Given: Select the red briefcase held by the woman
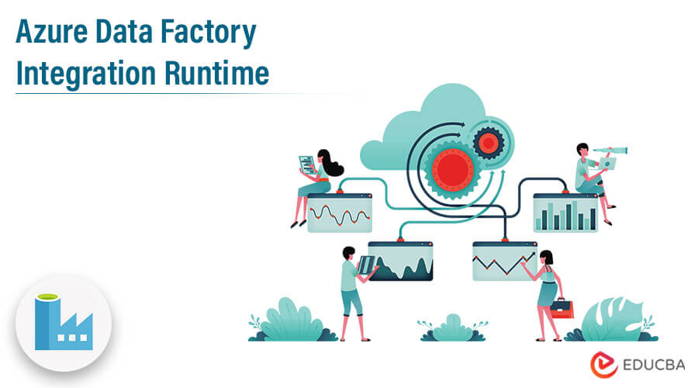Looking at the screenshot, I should coord(562,308).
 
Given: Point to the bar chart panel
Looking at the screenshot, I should coord(565,213).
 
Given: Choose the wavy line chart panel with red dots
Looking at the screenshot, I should coord(339,213).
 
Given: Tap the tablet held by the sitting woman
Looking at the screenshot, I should coord(307,164).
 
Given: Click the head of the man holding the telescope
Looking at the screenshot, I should coord(582,149).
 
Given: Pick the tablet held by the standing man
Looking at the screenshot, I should coord(364,265).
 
